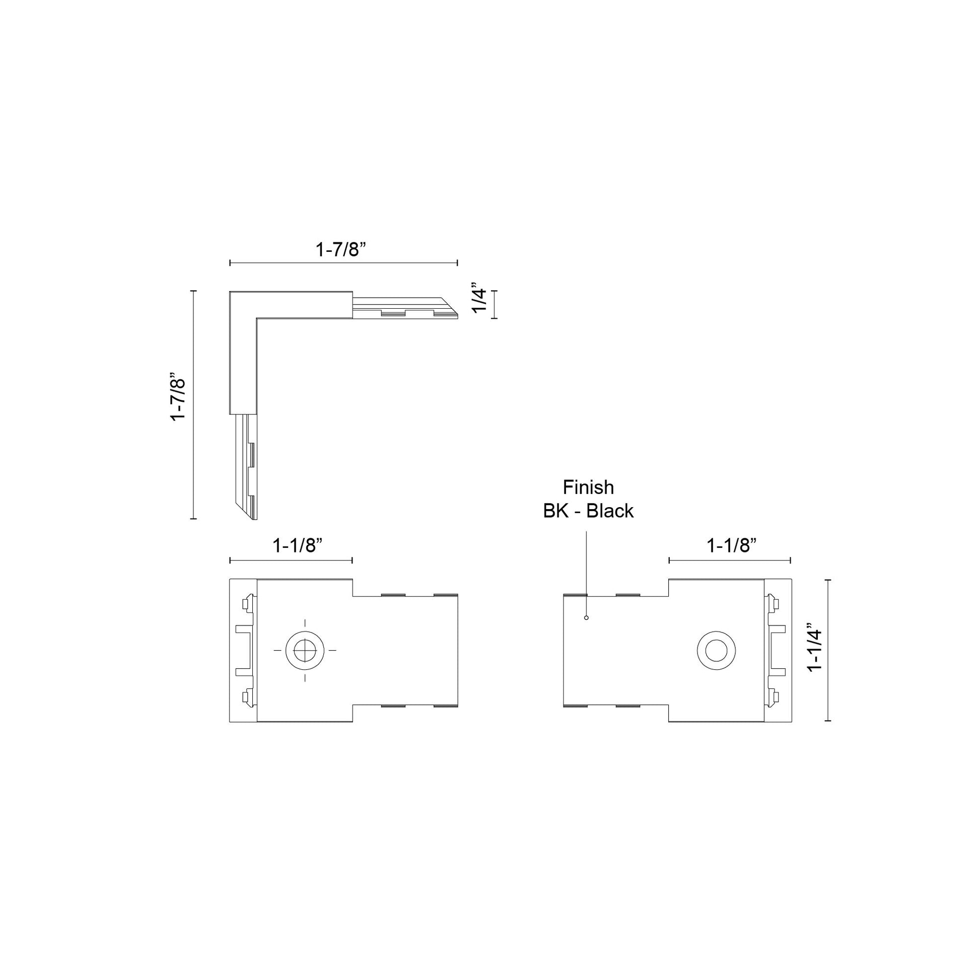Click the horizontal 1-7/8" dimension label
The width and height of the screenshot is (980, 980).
tap(341, 249)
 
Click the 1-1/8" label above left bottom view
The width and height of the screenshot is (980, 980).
tap(298, 545)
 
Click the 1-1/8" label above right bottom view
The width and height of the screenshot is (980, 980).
tap(731, 545)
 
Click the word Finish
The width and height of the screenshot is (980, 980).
tap(588, 487)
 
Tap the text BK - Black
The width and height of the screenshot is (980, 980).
tap(588, 511)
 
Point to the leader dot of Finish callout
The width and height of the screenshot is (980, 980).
tap(586, 617)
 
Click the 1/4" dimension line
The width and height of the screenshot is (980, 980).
tap(494, 304)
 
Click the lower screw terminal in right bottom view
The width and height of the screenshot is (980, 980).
tap(774, 697)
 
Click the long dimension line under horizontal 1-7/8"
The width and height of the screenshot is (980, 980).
tap(343, 263)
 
